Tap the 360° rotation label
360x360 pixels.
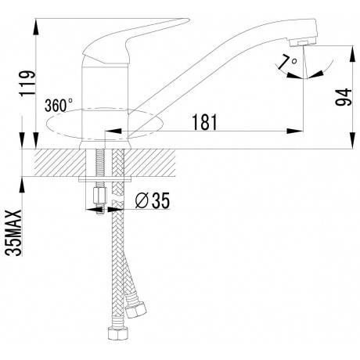(x=59, y=105)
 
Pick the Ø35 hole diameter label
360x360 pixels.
(x=151, y=201)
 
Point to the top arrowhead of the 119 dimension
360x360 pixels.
(x=38, y=17)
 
